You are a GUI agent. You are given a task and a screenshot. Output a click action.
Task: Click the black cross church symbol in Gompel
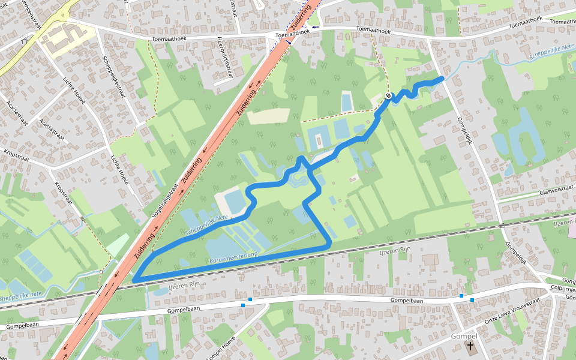pyautogui.click(x=470, y=346)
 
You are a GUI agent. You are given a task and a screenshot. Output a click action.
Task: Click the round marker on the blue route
pyautogui.click(x=388, y=96)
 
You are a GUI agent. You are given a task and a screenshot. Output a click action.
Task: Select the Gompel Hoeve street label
pyautogui.click(x=221, y=349)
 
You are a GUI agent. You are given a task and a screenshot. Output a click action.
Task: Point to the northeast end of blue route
pyautogui.click(x=442, y=78)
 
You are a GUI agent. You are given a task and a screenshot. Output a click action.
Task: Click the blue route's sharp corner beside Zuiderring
pyautogui.click(x=135, y=280)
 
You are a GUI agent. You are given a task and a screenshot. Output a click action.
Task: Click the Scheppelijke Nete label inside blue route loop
pyautogui.click(x=206, y=225)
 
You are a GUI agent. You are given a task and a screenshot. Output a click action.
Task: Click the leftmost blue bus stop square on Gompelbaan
pyautogui.click(x=243, y=305)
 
